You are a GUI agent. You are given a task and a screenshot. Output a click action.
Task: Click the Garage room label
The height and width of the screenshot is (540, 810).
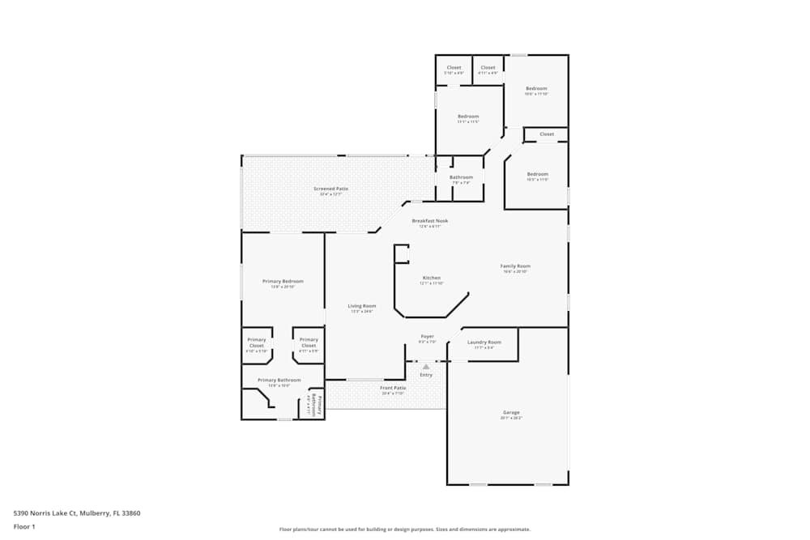click(x=511, y=413)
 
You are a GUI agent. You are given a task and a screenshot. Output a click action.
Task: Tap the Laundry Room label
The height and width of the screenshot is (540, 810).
click(x=484, y=342)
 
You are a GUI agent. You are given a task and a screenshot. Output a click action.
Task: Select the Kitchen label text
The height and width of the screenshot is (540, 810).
click(x=431, y=278)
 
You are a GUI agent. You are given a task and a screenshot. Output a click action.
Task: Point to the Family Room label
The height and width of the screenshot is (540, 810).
click(x=514, y=266)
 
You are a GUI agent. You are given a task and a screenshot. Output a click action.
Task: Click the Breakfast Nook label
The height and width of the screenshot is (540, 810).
click(x=429, y=221)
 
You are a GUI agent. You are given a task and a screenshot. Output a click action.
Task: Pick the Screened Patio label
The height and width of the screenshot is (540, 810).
click(x=330, y=189)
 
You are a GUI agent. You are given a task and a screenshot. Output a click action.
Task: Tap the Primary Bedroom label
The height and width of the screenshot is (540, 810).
click(x=283, y=281)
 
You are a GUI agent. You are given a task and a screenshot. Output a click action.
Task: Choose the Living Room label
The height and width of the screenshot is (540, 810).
click(x=362, y=306)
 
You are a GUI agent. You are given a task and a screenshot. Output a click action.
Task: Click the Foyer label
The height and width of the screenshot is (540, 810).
click(x=427, y=336)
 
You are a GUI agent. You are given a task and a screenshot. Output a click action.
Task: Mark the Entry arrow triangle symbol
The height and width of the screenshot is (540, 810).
click(x=426, y=367)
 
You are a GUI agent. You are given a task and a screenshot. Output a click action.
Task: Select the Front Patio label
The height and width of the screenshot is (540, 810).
click(x=394, y=388)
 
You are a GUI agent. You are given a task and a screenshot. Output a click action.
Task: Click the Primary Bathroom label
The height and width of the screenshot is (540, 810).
click(x=279, y=381)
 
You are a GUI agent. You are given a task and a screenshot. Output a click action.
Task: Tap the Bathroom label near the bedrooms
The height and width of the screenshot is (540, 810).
click(x=461, y=177)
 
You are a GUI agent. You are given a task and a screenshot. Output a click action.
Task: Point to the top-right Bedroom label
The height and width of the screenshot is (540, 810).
click(x=536, y=88)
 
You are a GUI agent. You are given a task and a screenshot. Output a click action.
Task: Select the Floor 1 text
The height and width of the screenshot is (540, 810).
click(x=24, y=526)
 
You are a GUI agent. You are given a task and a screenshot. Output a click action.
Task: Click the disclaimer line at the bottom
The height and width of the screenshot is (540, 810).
click(x=405, y=530)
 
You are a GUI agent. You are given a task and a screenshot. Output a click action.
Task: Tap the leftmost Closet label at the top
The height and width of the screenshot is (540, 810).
click(x=454, y=68)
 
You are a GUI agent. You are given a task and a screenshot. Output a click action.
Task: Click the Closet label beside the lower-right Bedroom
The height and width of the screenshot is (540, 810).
click(x=547, y=134)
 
